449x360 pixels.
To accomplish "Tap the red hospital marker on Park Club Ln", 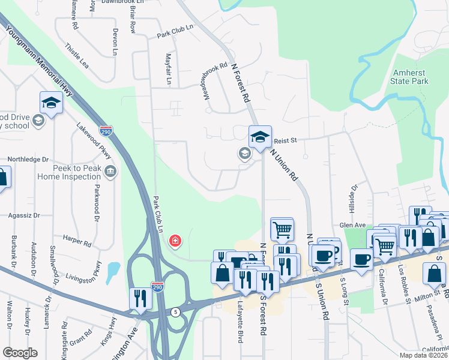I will (175, 241).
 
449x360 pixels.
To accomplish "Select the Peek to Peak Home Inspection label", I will (69, 173).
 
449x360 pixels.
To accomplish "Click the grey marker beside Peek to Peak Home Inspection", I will (110, 173).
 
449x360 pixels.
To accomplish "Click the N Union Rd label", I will (284, 165).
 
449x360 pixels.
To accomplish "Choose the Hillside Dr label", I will (354, 197).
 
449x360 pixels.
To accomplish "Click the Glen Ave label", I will (352, 225).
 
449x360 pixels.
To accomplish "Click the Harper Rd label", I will (79, 244).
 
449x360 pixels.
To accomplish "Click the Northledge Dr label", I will (28, 160).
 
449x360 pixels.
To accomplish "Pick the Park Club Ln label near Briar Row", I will (175, 28).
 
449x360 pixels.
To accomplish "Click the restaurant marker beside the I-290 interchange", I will (140, 298).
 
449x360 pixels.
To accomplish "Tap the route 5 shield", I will (175, 312).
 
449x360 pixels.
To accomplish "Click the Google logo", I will (20, 353).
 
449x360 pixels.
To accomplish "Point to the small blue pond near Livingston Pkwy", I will (112, 273).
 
